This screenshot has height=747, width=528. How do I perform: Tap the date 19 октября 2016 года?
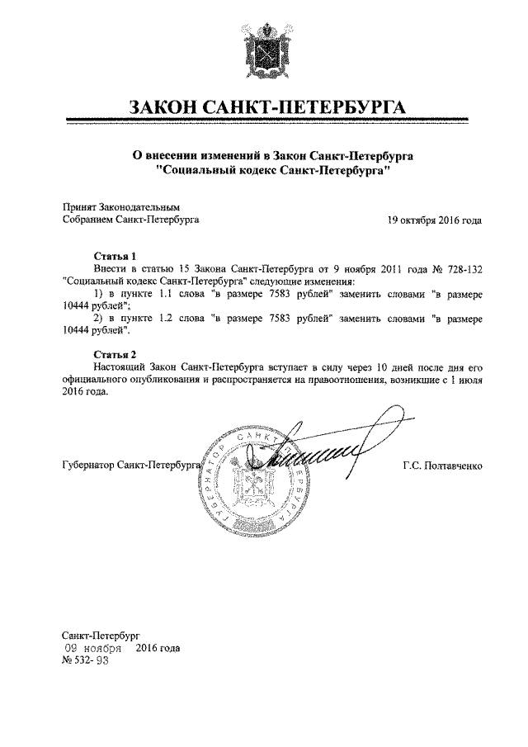[x=434, y=220]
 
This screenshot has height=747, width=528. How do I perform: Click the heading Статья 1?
[x=113, y=256]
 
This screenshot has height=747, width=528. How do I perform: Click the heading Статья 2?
[x=113, y=354]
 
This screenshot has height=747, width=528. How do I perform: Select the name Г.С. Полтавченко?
[x=443, y=466]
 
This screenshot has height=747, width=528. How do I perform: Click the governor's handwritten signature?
[x=318, y=454]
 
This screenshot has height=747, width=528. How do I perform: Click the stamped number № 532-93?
[x=86, y=660]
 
